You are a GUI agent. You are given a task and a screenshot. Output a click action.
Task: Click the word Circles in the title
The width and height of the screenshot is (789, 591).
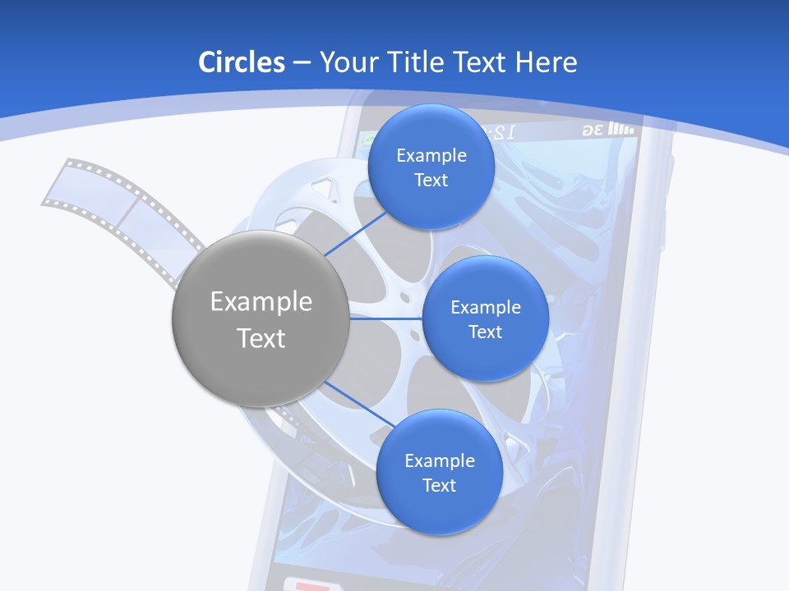[x=241, y=62]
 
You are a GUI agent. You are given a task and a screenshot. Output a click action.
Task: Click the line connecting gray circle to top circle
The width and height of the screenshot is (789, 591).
[x=355, y=234]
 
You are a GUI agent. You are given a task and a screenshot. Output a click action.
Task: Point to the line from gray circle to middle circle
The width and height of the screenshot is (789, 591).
[x=386, y=318]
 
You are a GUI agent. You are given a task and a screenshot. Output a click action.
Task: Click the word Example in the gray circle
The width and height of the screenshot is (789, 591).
[x=261, y=302]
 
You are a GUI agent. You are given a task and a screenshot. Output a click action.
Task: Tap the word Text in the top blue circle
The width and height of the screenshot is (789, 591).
[x=431, y=181]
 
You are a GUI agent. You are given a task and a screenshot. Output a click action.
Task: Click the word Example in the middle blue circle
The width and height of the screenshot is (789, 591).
[x=485, y=308]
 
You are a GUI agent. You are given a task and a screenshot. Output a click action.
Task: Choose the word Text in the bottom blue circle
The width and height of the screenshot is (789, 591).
[x=439, y=486]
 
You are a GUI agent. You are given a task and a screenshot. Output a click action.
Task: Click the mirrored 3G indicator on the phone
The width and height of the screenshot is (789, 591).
[x=593, y=131]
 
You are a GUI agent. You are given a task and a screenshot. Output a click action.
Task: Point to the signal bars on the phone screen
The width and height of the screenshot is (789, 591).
[x=623, y=130]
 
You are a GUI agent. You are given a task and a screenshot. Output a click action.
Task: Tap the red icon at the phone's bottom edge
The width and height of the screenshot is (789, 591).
[x=312, y=584]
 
